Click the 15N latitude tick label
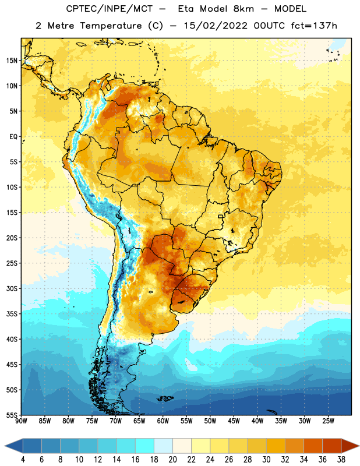point(12,61)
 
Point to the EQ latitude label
point(13,137)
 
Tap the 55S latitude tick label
point(12,415)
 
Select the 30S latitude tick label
point(12,288)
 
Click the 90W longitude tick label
point(21,421)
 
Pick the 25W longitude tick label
point(328,421)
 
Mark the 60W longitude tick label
point(163,421)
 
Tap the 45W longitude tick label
point(234,421)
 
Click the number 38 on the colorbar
point(341,460)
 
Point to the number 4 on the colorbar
point(23,460)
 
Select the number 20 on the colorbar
point(172,460)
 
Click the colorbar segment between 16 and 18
point(145,446)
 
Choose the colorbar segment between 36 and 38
point(332,446)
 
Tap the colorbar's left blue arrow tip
point(5,446)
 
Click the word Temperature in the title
point(111,26)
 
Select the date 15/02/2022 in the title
point(216,26)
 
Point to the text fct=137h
point(314,26)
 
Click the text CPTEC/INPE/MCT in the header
point(109,9)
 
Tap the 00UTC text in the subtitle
point(269,26)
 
